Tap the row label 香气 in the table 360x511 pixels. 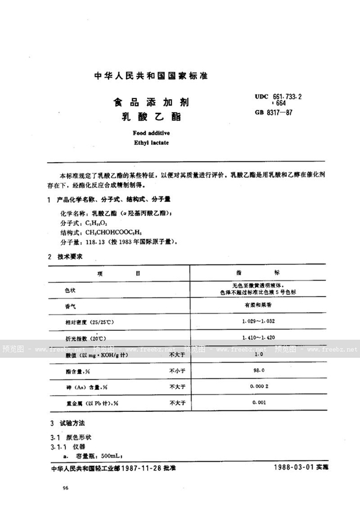71,306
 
